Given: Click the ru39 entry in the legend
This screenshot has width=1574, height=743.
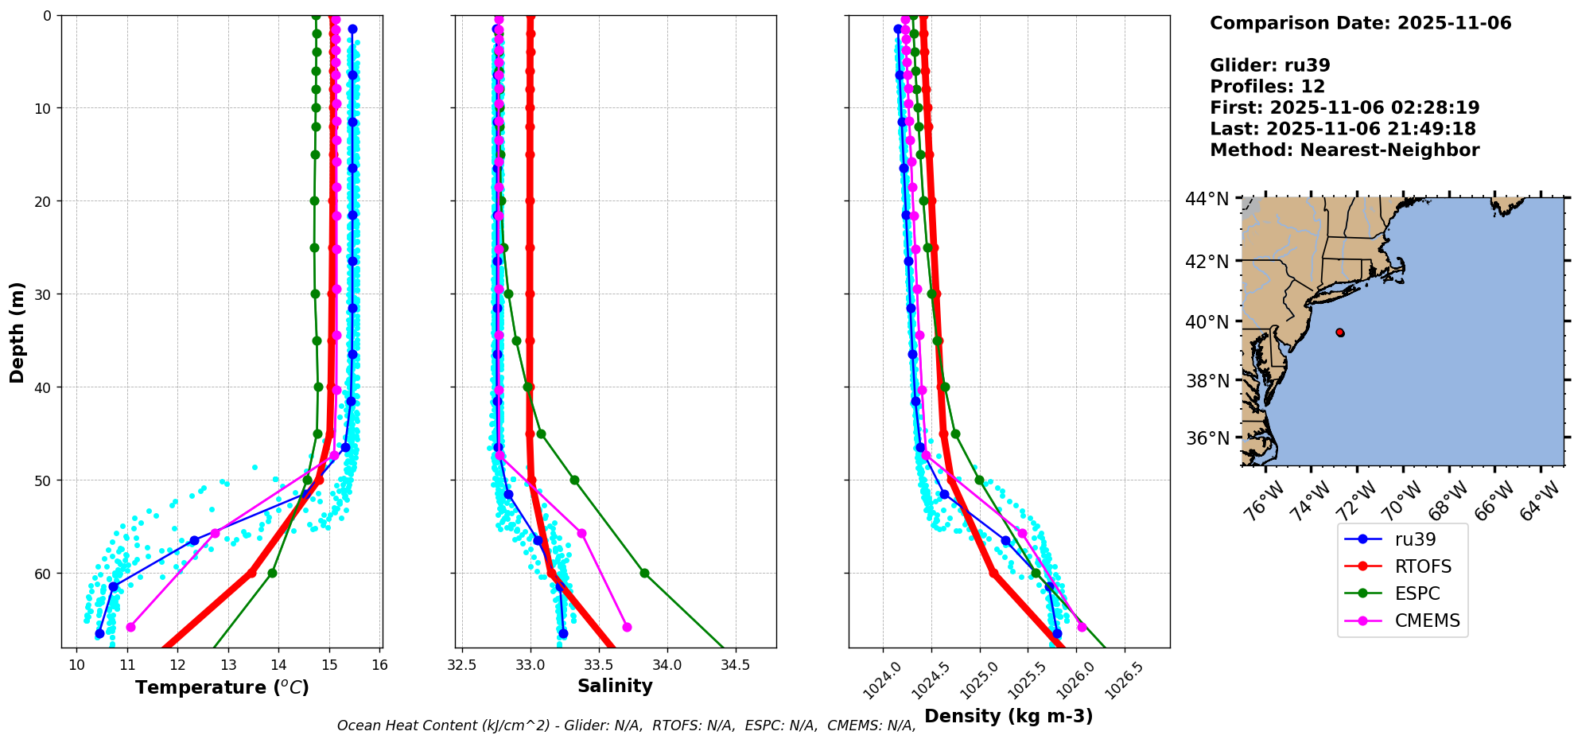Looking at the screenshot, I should point(1415,539).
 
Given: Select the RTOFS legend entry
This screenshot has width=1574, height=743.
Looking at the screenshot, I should point(1423,566).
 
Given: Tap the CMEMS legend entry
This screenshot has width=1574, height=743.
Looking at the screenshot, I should point(1427,620).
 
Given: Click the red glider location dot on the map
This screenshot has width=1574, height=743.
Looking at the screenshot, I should point(1340,333).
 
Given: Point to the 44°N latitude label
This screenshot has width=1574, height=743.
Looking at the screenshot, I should point(1207,199).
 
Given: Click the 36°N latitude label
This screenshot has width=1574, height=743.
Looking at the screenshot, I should point(1207,438).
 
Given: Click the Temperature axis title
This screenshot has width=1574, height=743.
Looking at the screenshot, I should point(222,687).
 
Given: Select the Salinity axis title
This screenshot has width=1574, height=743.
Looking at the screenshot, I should point(615,686).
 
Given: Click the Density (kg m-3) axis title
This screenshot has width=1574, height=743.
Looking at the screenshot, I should point(1009,716).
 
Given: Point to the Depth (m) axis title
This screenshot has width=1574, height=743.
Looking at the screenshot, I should point(17,332).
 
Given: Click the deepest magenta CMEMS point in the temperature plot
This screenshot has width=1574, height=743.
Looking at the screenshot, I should point(130,627).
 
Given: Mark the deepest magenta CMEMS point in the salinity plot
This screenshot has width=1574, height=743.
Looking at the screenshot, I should point(627,627).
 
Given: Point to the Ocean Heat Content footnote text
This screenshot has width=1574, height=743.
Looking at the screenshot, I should point(626,725).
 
